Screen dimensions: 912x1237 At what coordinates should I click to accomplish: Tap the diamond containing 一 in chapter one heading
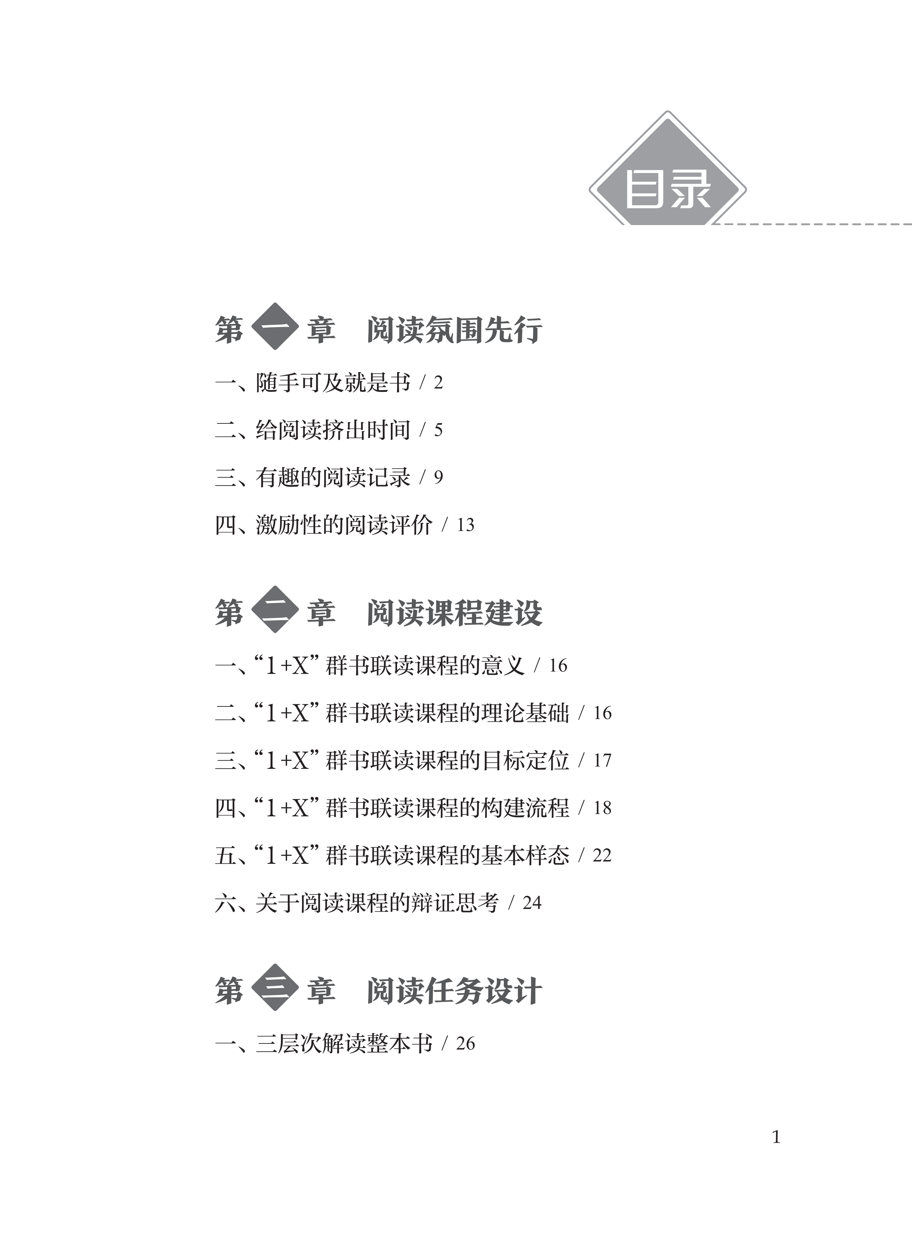tap(275, 327)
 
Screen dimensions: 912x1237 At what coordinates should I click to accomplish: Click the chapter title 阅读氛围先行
tap(454, 330)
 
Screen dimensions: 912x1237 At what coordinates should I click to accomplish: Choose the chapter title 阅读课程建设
tap(454, 613)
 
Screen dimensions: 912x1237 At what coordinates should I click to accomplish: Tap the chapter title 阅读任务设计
tap(454, 991)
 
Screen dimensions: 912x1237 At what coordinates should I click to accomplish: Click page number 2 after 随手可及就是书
tap(438, 383)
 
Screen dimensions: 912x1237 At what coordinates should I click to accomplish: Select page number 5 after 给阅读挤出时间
tap(438, 430)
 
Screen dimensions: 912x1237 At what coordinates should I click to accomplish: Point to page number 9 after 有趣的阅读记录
tap(438, 478)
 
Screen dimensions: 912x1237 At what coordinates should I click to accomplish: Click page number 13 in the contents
tap(465, 525)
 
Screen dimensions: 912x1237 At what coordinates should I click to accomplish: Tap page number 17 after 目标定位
tap(602, 761)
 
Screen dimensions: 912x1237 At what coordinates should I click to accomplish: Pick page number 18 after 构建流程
tap(602, 808)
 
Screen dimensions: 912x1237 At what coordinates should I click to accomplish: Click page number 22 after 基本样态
tap(602, 856)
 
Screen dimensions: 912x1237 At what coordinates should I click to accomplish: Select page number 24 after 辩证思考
tap(532, 903)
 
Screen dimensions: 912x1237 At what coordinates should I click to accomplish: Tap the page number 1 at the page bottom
tap(776, 1137)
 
